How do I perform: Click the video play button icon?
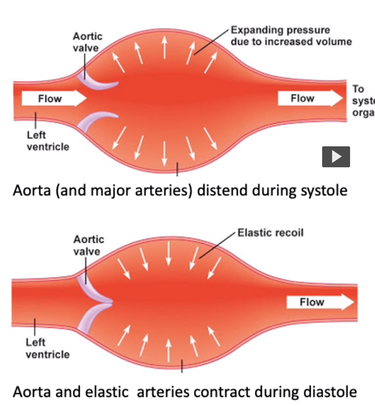tap(336, 156)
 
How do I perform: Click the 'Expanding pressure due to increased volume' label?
tap(291, 36)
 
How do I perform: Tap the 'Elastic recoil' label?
tap(270, 233)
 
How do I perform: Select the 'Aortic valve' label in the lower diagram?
tap(88, 246)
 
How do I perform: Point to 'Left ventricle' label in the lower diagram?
tap(47, 348)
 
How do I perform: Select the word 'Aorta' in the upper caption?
tap(29, 191)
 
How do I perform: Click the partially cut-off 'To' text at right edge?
tap(358, 89)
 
